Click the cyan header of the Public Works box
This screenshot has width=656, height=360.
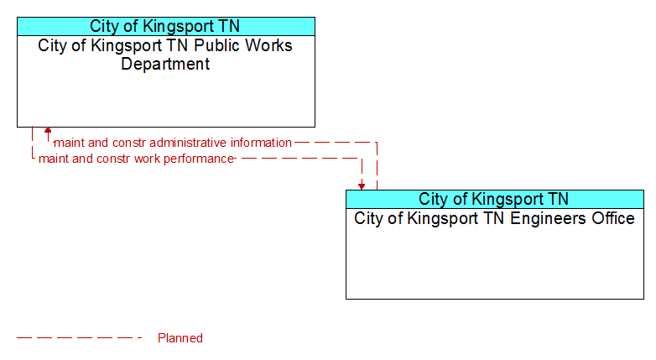tap(166, 26)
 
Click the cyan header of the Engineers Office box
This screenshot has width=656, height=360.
tap(495, 199)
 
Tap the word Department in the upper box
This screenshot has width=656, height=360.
tap(165, 64)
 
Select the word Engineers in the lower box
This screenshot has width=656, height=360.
tap(549, 219)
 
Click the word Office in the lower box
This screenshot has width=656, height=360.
tap(613, 218)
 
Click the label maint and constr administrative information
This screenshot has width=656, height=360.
tap(173, 143)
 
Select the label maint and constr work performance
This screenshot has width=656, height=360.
tap(136, 159)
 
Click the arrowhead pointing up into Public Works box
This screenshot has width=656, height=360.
tap(48, 130)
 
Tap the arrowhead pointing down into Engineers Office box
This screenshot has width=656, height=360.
tap(362, 186)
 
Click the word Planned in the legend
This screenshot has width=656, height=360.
tap(180, 338)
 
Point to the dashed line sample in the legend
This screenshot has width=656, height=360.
tap(80, 337)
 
